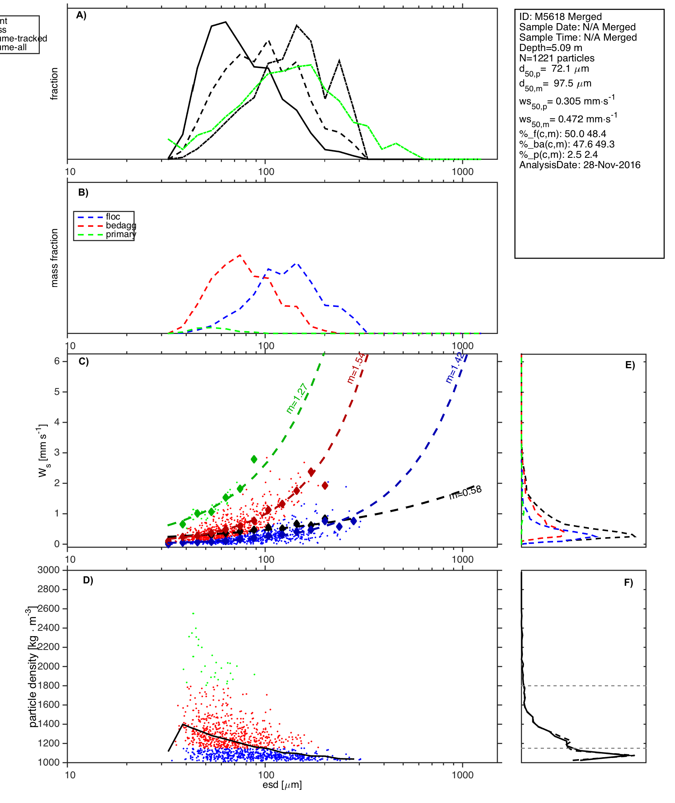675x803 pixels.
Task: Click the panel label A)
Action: (81, 16)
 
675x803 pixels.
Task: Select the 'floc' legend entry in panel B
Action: (113, 217)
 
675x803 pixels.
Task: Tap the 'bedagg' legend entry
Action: (121, 226)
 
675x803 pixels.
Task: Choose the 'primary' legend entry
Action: (121, 234)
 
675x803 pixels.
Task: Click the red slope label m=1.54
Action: (356, 368)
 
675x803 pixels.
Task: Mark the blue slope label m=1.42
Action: (454, 367)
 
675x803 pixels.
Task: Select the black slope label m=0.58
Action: (465, 492)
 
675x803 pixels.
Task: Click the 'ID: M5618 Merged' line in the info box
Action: (560, 17)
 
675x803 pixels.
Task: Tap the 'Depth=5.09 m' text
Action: (551, 48)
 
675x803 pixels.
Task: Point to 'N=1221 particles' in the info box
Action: (557, 58)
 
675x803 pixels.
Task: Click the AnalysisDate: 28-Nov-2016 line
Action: (580, 165)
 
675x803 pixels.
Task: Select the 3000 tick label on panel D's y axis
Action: (49, 570)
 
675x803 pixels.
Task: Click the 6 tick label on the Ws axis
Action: (57, 361)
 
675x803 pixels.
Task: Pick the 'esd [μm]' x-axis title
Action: (282, 785)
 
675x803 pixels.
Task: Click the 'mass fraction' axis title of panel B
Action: (55, 258)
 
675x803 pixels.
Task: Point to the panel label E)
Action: (630, 365)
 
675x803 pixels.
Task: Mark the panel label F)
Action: (628, 583)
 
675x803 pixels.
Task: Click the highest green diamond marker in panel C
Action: (254, 459)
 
